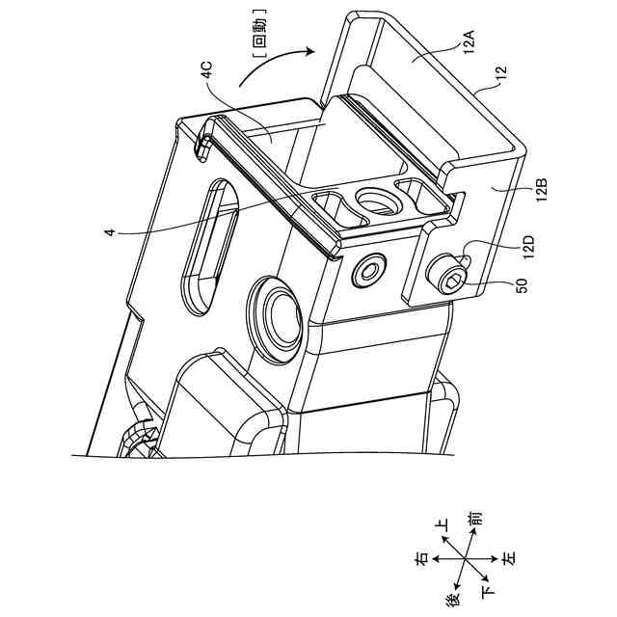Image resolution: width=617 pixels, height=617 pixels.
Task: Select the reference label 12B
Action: coord(542,190)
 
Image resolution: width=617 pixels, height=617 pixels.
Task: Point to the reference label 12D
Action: coord(528,247)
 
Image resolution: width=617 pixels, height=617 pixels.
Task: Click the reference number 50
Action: coord(522,285)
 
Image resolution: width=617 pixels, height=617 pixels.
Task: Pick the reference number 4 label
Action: coord(111,232)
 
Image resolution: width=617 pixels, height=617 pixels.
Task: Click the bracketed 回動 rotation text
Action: coord(260,35)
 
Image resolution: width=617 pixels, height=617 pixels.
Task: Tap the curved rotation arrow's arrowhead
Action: coord(308,51)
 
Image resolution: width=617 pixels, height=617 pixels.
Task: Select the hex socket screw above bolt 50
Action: coord(368,271)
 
